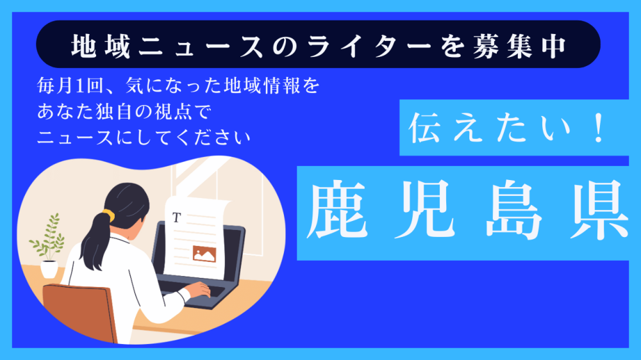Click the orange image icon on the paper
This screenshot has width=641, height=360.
(x=206, y=254)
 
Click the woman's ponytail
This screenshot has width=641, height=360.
(x=96, y=234)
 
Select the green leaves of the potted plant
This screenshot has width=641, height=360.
(x=47, y=237)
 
